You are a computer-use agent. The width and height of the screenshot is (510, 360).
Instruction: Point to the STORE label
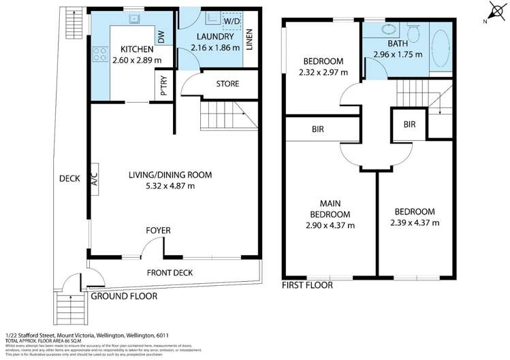(227, 84)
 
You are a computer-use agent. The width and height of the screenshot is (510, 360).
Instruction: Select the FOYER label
(158, 231)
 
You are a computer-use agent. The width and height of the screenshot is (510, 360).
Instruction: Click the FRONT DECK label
(170, 273)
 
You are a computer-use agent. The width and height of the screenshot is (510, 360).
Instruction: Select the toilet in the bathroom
(413, 32)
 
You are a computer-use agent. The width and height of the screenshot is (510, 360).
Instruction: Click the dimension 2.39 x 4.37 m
(415, 223)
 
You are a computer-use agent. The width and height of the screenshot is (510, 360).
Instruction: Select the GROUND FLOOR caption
(124, 296)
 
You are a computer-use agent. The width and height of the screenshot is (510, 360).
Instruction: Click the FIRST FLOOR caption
(308, 286)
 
